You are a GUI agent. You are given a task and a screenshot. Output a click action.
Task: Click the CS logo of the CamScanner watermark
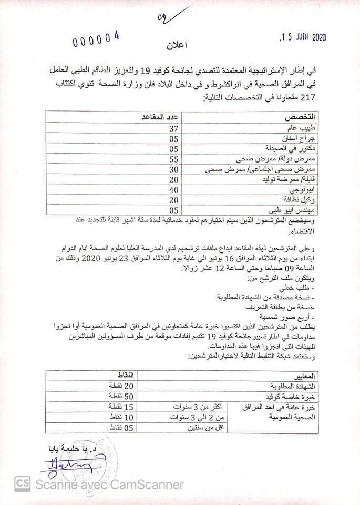tap(22, 483)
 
